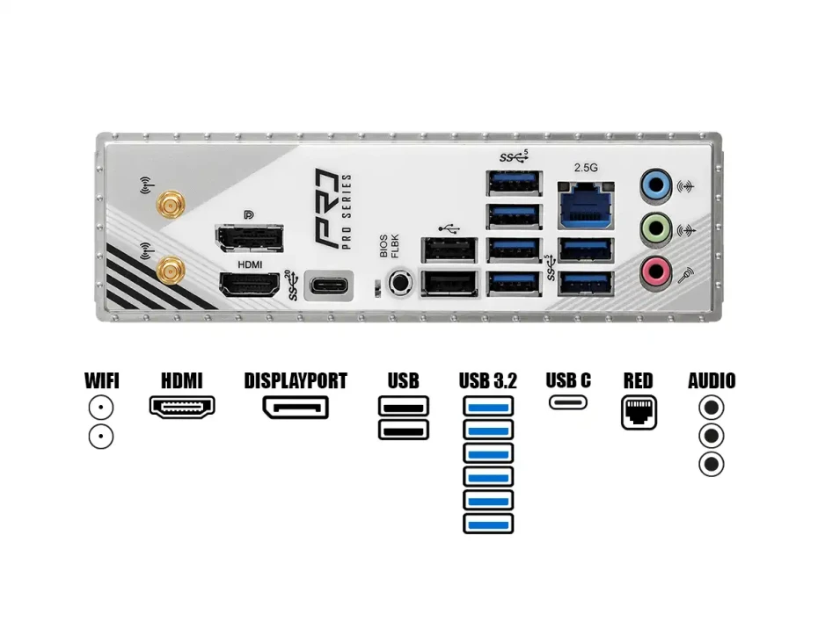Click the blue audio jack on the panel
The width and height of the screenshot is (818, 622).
coord(656,184)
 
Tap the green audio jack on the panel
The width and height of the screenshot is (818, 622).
coord(656,228)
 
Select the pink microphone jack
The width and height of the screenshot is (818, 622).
coord(656,271)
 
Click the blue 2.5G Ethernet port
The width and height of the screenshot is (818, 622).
coord(586,206)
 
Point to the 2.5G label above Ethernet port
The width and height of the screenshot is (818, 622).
coord(586,168)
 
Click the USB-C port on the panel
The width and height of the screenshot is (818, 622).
coord(329,286)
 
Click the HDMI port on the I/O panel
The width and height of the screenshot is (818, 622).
coord(250,285)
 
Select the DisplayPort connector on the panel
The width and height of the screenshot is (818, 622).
coord(250,238)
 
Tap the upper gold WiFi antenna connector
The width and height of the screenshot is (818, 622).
coord(171,204)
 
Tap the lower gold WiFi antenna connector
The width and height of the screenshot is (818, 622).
coord(171,271)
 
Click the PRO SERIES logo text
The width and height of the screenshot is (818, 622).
coord(347,212)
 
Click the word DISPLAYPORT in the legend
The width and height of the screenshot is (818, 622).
coord(296,380)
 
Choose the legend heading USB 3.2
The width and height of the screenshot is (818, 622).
coord(488,380)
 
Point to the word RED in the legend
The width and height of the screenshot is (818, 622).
coord(638,380)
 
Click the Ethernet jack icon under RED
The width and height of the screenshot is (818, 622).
coord(639,413)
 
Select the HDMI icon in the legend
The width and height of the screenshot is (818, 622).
coord(182,407)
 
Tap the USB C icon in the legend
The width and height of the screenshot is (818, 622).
coord(568,402)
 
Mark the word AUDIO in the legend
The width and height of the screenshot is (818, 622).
coord(712,380)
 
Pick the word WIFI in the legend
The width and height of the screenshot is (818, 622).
coord(102,380)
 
